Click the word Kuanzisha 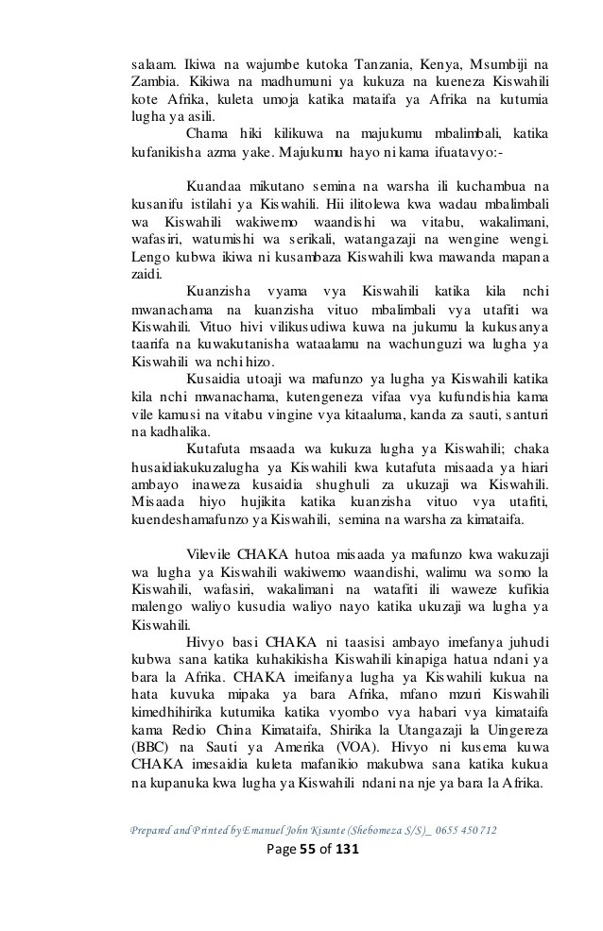[225, 293]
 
